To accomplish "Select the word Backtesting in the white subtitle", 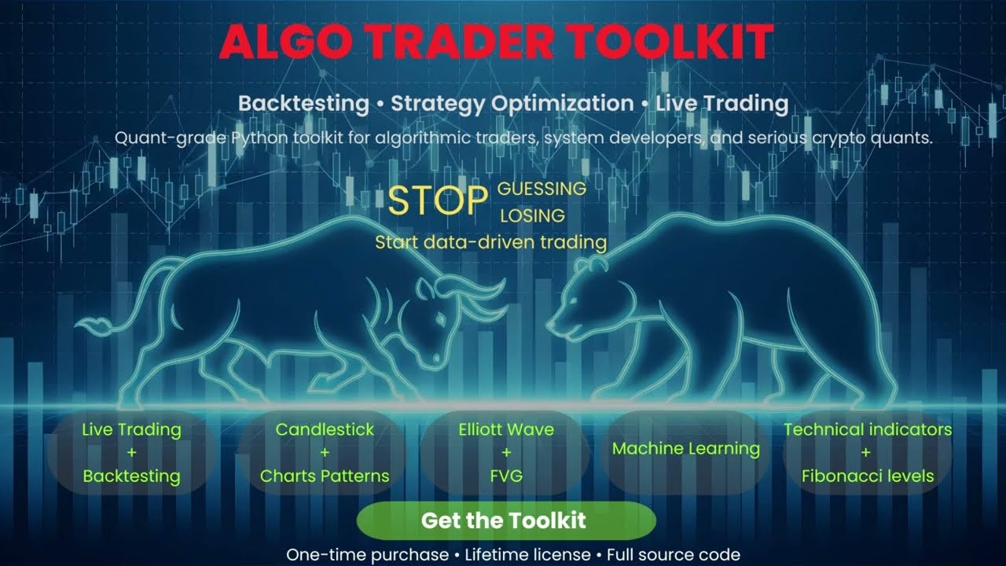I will [303, 103].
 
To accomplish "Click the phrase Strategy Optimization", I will [512, 103].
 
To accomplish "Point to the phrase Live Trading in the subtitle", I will [721, 103].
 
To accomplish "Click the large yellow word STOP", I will [439, 201].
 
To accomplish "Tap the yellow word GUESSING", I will [542, 189].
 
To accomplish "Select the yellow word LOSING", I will [532, 215].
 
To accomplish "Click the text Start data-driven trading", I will [490, 241].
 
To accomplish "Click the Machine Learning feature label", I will [685, 449].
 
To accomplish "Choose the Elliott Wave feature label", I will [506, 430].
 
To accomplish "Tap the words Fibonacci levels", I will [868, 476].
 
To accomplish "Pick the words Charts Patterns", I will [325, 476].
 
